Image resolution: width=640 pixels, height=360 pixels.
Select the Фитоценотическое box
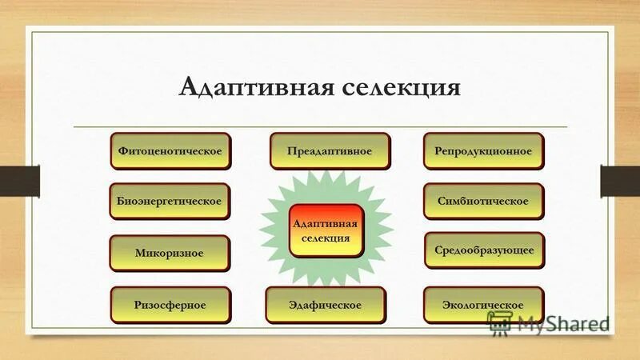click(170, 150)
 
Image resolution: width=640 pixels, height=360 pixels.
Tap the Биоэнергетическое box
click(170, 201)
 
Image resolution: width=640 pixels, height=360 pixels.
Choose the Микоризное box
click(170, 253)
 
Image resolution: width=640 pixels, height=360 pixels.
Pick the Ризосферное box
click(170, 305)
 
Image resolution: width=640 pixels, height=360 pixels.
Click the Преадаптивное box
click(330, 150)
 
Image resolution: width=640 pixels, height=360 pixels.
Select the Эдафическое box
click(326, 305)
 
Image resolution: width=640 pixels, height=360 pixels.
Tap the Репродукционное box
click(483, 150)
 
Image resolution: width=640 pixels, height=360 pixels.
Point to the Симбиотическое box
click(483, 201)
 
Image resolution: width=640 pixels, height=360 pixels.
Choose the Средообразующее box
click(483, 250)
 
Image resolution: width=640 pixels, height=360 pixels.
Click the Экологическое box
click(483, 305)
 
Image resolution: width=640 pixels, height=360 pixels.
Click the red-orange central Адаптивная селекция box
click(326, 230)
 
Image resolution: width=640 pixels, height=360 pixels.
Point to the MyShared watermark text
click(563, 324)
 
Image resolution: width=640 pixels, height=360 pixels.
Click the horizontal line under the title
click(320, 126)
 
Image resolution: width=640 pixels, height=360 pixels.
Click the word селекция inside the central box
click(326, 238)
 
